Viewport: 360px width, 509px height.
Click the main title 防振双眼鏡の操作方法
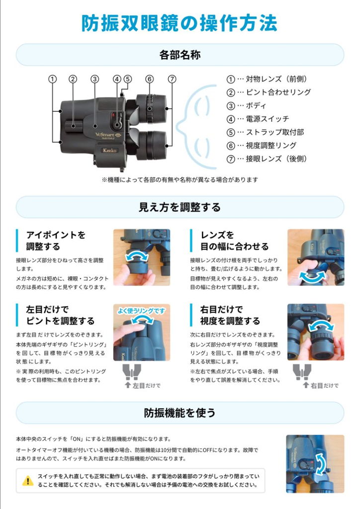180,23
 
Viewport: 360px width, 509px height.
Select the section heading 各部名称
180,55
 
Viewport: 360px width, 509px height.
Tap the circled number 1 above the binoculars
52,79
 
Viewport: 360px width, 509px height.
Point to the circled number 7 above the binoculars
172,79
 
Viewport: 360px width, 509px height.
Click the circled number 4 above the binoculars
117,79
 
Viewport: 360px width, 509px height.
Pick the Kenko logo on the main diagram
109,150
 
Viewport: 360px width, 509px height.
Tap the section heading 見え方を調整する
180,207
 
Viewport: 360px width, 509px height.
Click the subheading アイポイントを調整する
56,241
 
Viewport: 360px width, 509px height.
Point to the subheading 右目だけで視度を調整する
230,315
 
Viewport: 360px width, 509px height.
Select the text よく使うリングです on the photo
141,311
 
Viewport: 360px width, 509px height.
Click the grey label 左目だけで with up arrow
143,385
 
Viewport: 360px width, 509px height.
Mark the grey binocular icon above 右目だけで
302,372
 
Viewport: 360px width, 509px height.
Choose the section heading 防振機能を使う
180,413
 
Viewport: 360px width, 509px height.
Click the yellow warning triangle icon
28,481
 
